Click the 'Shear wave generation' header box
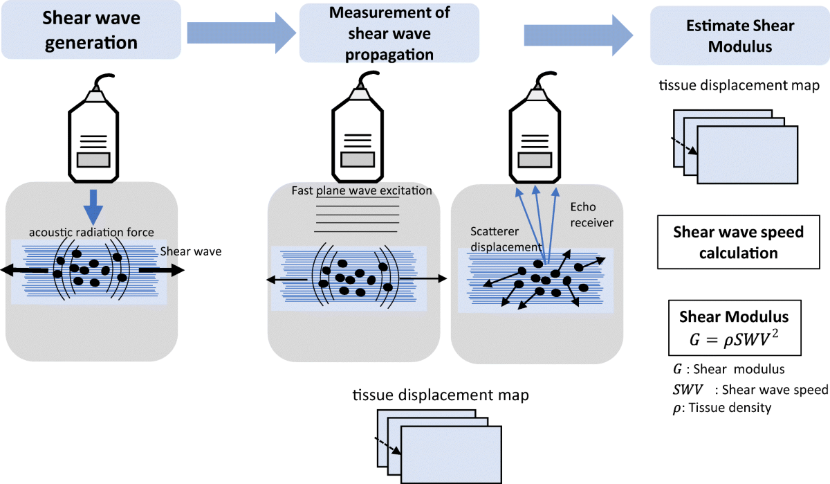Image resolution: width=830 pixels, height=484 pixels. click(x=91, y=30)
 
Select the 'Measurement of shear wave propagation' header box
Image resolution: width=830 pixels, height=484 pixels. click(x=389, y=33)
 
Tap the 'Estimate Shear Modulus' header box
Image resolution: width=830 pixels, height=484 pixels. click(x=740, y=35)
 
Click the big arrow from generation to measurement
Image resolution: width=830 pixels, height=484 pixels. click(x=241, y=33)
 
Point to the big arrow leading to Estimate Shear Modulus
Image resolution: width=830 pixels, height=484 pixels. click(x=578, y=35)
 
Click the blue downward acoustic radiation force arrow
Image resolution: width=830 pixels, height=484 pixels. click(x=93, y=207)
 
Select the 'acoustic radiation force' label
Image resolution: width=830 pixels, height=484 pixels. click(x=91, y=232)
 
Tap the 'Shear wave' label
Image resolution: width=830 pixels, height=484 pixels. click(x=191, y=251)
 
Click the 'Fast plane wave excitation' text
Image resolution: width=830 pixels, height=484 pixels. click(x=362, y=190)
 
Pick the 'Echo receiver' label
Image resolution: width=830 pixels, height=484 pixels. click(x=592, y=215)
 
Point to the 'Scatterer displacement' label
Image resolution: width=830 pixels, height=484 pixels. click(x=506, y=239)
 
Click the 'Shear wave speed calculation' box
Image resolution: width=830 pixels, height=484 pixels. click(x=739, y=242)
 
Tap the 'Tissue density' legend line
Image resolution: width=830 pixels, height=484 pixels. click(x=722, y=408)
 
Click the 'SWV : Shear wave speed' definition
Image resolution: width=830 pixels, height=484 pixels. click(x=750, y=389)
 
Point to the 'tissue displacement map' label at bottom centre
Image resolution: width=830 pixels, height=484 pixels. click(x=441, y=395)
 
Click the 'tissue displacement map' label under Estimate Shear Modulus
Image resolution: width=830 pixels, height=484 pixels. click(x=739, y=85)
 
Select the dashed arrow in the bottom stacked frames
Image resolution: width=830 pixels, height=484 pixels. click(x=387, y=446)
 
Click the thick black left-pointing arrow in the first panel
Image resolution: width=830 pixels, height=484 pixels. click(x=24, y=270)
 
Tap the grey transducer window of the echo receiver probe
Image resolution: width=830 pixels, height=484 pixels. click(x=535, y=160)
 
